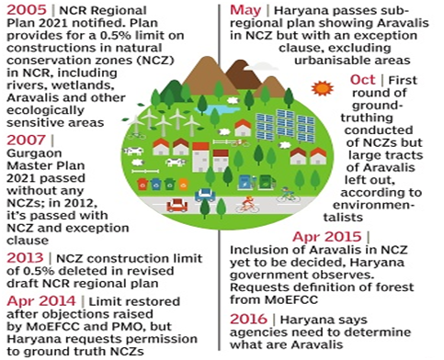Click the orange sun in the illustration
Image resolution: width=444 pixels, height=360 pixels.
coord(321,88)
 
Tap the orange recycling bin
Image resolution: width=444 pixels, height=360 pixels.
coord(142,184)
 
